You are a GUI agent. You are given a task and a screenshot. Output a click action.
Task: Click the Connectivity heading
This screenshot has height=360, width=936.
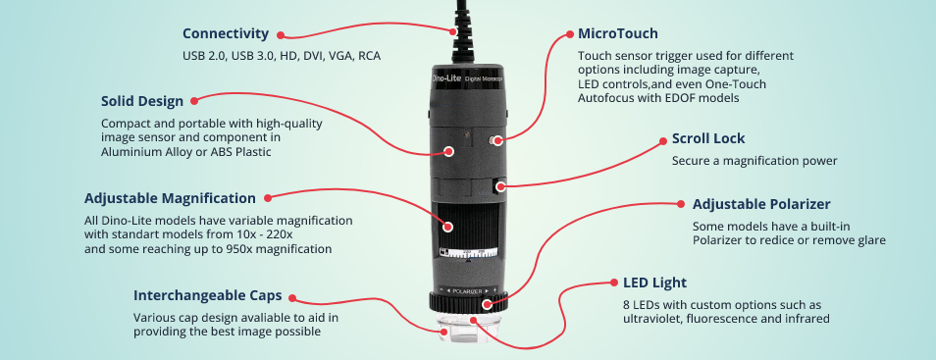pos(226,34)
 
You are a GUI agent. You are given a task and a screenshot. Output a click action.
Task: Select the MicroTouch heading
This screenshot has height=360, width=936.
pos(618,33)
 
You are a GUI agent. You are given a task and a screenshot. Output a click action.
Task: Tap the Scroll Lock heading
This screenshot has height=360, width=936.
pos(708,138)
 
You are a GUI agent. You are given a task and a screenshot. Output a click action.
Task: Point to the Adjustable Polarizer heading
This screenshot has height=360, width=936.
pos(761,205)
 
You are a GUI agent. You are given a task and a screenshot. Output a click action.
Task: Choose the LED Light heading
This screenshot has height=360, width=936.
pos(654,283)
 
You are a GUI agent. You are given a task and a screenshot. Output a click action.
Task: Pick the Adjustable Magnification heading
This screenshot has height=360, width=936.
pos(170,198)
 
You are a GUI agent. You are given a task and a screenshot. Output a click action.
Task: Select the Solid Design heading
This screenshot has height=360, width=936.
pos(142,101)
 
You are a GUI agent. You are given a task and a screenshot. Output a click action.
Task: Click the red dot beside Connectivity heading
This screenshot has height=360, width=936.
pos(281,35)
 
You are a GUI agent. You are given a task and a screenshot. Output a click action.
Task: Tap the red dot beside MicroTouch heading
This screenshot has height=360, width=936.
pos(568,34)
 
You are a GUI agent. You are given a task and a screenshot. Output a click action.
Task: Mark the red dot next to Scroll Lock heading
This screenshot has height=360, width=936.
pos(662,141)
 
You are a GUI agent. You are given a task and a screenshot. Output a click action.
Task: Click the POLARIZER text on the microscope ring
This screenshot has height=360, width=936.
pos(467,290)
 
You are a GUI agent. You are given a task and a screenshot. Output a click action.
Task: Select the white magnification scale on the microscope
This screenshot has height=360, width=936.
pos(468,252)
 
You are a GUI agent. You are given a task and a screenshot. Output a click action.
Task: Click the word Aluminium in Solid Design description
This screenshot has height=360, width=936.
pos(129,152)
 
